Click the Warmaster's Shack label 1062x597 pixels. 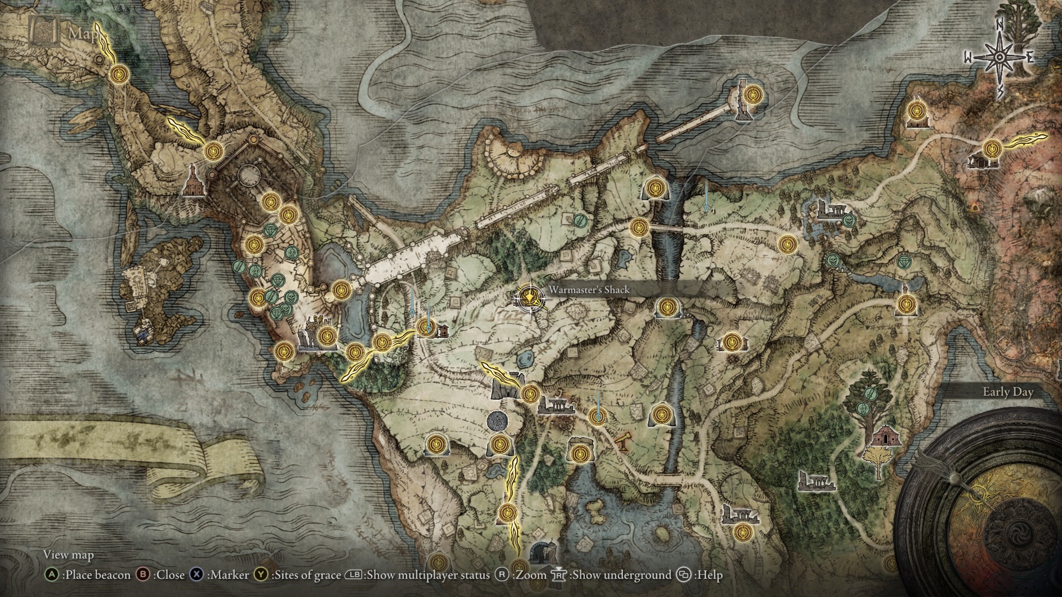point(589,290)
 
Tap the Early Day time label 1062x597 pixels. point(1008,392)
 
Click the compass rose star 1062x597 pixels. point(999,57)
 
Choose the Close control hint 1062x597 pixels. point(163,575)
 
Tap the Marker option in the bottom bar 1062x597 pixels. point(221,575)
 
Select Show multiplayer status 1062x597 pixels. point(419,575)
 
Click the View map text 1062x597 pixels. point(69,554)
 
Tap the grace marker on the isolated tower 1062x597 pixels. point(751,95)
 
